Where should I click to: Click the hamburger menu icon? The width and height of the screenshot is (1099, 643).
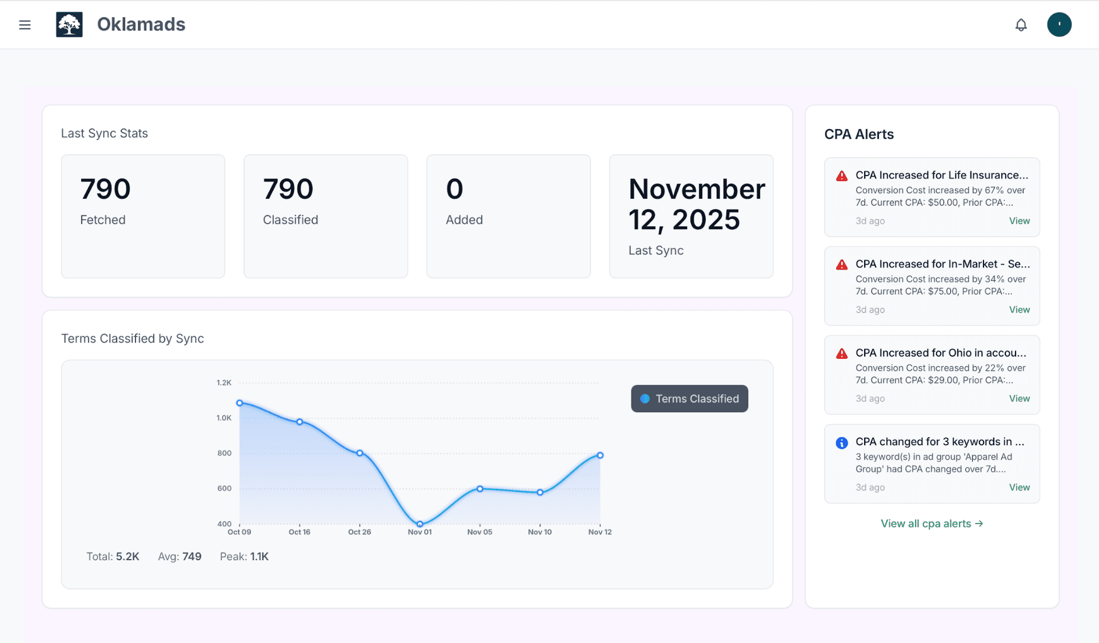click(x=25, y=25)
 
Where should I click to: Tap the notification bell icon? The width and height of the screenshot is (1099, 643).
click(x=1021, y=25)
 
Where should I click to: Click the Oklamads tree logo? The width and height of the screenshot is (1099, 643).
click(x=69, y=25)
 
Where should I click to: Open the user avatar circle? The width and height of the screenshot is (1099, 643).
click(x=1059, y=25)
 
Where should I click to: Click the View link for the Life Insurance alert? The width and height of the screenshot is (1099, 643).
click(x=1019, y=221)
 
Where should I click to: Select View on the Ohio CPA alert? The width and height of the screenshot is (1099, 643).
click(x=1019, y=398)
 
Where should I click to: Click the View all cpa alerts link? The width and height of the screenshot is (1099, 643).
click(x=932, y=524)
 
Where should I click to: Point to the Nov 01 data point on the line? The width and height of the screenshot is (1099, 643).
click(x=420, y=524)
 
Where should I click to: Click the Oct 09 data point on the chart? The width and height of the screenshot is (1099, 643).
click(x=239, y=403)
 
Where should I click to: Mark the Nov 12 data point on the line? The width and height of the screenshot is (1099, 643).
click(x=600, y=456)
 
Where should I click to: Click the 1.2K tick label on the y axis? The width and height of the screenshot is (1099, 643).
click(x=224, y=382)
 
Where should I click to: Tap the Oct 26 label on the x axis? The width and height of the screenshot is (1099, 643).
click(x=359, y=532)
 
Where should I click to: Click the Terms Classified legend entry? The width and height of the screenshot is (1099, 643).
click(x=689, y=399)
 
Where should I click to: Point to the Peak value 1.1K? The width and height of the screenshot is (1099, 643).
click(x=259, y=557)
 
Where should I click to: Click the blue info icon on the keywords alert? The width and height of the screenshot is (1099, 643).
click(x=841, y=443)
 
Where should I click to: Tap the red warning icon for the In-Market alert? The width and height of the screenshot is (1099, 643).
click(x=841, y=265)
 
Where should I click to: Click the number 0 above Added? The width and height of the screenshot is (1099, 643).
click(x=454, y=189)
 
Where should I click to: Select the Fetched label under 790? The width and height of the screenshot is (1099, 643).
click(x=103, y=220)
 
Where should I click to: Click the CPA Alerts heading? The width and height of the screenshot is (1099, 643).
click(x=858, y=134)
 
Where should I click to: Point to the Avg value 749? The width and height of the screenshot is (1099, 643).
click(x=192, y=557)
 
